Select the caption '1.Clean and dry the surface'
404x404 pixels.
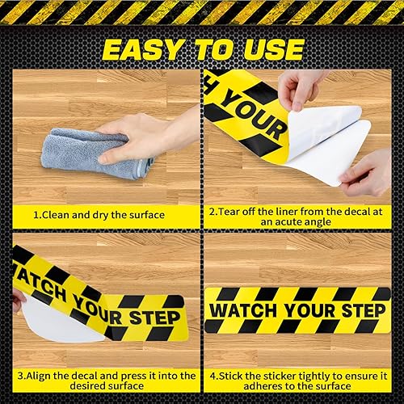click(x=99, y=216)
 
